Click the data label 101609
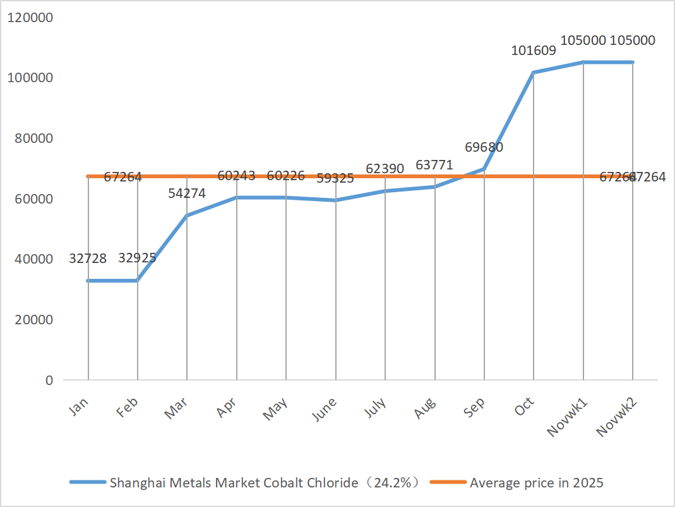click(x=534, y=51)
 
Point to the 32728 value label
click(x=88, y=258)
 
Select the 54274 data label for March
click(x=187, y=193)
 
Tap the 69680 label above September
click(x=484, y=147)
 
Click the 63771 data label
click(x=434, y=166)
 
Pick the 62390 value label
click(x=385, y=169)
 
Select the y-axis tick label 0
click(x=48, y=381)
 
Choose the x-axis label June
click(x=325, y=410)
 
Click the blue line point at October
click(x=534, y=73)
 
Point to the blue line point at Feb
click(x=138, y=281)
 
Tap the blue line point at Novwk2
click(x=633, y=62)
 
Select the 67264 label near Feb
click(x=123, y=178)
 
